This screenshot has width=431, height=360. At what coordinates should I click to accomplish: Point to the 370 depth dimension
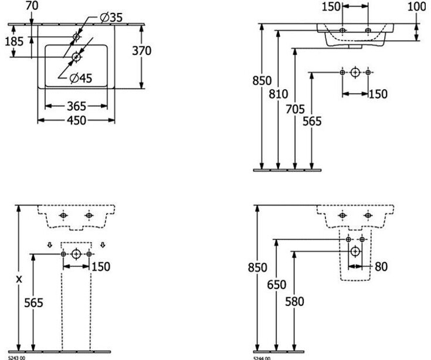coord(141,51)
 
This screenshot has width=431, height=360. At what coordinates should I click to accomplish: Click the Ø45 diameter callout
coord(80,78)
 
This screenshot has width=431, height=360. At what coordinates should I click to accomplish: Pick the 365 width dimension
coord(76,106)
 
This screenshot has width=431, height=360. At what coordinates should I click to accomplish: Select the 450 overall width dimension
coord(76,120)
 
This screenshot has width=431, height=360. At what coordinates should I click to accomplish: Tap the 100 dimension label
coord(416,7)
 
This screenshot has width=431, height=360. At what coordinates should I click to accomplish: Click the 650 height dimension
coord(276,286)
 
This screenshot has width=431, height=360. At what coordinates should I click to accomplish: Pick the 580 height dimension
coord(294,302)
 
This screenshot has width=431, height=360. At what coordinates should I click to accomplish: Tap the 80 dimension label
coord(381,267)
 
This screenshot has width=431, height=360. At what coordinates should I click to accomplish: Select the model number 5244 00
coord(262,357)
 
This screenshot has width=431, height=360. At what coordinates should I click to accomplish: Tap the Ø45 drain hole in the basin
coord(76,57)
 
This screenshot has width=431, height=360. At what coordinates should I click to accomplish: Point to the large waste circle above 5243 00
coord(76,254)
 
